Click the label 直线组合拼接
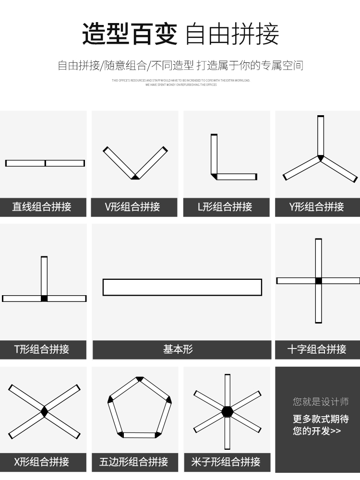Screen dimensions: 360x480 [42, 207]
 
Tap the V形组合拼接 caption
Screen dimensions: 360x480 [132, 207]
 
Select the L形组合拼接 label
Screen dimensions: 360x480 [225, 207]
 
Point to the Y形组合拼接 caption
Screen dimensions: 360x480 [317, 207]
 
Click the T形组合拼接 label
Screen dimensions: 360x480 [42, 349]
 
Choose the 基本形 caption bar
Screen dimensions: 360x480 [179, 349]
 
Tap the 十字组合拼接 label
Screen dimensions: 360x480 [317, 349]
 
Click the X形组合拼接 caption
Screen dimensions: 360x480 [42, 462]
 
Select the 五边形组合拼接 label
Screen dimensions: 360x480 [133, 462]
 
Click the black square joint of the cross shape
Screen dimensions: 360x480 [318, 281]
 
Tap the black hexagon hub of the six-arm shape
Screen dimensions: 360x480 [227, 411]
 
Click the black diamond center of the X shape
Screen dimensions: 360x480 [44, 411]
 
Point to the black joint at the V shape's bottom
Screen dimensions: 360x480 [135, 177]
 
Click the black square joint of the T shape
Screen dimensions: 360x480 [44, 299]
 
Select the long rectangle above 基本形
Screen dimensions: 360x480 [182, 287]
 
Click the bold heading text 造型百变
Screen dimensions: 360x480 [130, 34]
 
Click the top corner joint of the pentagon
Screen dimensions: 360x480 [140, 379]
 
